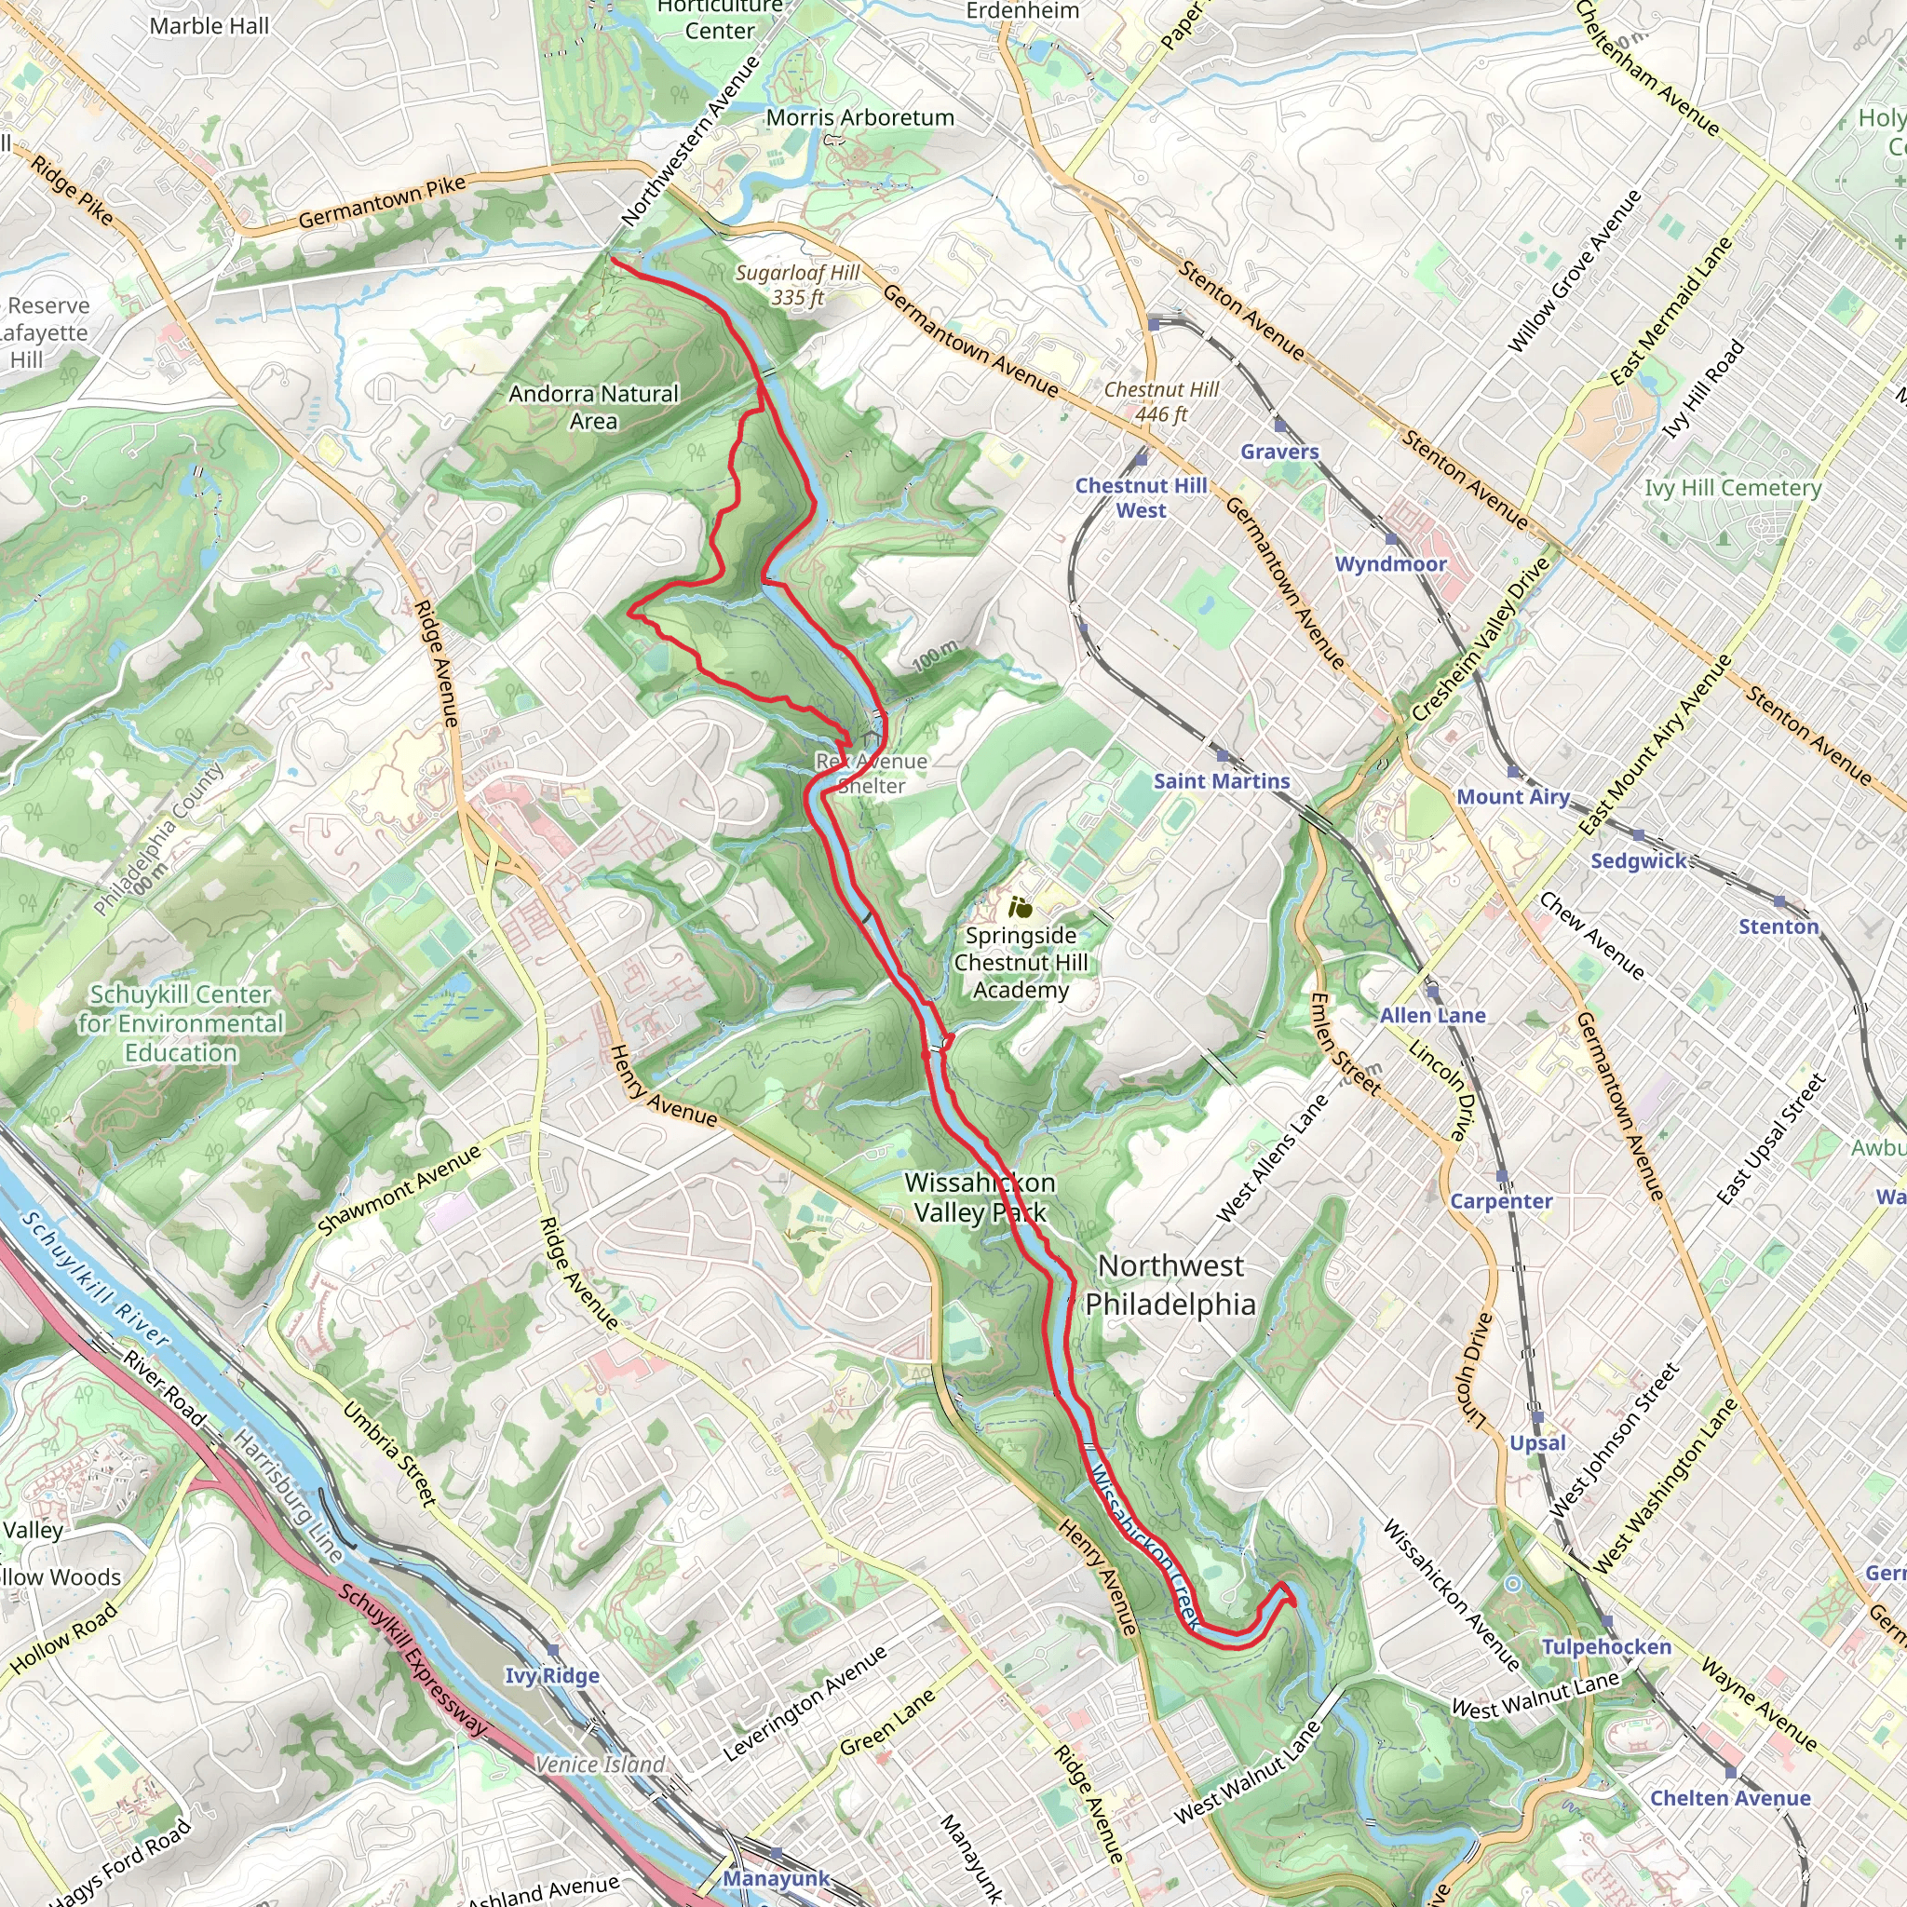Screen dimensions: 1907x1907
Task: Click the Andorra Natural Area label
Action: point(593,407)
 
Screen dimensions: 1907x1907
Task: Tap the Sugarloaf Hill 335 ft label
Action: point(798,284)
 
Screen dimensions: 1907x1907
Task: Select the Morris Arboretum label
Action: point(859,117)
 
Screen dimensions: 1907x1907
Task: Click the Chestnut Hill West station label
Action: point(1141,497)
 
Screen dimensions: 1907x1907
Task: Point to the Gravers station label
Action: point(1279,451)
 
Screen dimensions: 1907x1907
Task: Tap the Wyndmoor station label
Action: point(1391,563)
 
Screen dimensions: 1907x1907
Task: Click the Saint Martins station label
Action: point(1222,780)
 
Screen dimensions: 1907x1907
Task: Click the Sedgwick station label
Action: point(1640,860)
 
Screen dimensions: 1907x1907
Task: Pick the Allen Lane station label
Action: point(1432,1015)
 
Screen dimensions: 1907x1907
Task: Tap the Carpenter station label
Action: point(1500,1201)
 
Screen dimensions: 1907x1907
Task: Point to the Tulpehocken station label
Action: point(1607,1646)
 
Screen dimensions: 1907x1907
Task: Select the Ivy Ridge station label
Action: point(552,1675)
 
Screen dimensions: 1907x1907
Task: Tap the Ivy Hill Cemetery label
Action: point(1732,488)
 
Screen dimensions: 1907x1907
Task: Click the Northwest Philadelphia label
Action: point(1170,1284)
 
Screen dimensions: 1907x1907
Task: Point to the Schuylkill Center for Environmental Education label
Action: point(182,1023)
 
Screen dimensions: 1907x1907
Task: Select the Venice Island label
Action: point(601,1764)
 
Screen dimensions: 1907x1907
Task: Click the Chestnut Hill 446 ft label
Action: point(1161,401)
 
